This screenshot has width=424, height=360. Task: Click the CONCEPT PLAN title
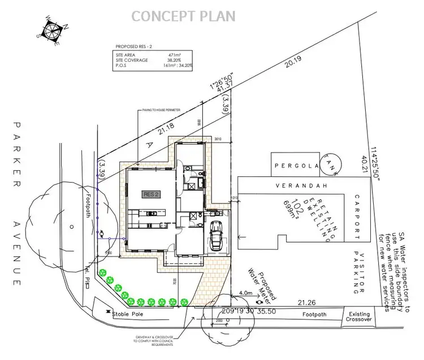click(184, 16)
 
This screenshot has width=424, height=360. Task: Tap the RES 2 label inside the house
click(152, 194)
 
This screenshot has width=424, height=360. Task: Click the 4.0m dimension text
click(245, 293)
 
